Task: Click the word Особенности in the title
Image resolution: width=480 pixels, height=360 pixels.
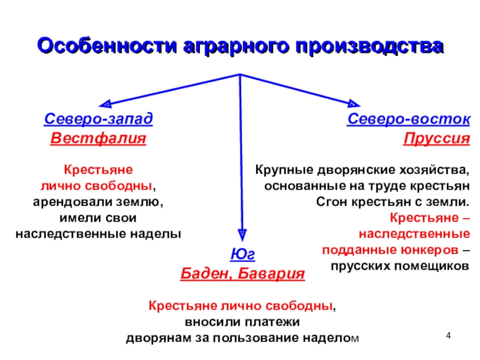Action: tap(107, 46)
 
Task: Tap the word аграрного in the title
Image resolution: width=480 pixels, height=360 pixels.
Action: tap(236, 47)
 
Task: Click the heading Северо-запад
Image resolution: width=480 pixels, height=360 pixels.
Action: tap(98, 119)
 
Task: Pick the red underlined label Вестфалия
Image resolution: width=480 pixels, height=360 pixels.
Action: tap(98, 139)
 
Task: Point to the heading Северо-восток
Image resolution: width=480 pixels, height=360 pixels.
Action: tap(409, 119)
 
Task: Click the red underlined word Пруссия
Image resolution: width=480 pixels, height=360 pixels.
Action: tap(437, 139)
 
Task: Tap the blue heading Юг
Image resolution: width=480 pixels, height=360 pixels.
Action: tap(242, 254)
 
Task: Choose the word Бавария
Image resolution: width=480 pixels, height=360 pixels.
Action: tap(271, 274)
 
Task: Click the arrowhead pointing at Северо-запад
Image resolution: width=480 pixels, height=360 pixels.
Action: tap(106, 104)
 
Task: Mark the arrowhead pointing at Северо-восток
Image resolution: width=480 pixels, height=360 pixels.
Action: tap(354, 103)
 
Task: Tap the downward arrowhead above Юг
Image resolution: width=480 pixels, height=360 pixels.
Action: tap(242, 235)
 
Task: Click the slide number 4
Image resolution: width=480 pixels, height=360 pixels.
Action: tap(448, 336)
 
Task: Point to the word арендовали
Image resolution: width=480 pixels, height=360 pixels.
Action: tap(73, 202)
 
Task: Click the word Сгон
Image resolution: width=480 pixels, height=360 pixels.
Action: tap(332, 202)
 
